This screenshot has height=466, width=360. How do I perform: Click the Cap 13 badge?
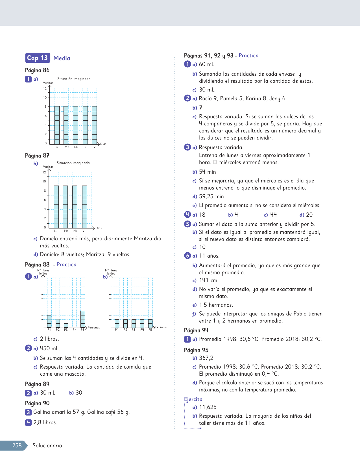click(38, 58)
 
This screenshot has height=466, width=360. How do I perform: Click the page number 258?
click(17, 445)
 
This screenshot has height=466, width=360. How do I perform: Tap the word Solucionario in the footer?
click(47, 445)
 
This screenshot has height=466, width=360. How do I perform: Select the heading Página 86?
click(37, 70)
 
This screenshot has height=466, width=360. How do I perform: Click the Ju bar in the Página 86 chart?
click(85, 125)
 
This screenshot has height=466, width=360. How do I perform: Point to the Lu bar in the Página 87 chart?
click(56, 206)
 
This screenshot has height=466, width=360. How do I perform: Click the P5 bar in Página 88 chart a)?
click(82, 319)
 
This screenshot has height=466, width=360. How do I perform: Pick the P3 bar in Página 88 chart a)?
click(66, 325)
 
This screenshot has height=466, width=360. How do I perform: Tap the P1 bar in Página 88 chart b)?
click(117, 323)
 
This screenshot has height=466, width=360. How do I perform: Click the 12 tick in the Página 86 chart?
click(45, 88)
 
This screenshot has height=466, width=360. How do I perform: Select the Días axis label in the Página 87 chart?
click(99, 228)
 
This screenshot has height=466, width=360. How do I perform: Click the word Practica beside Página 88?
click(66, 265)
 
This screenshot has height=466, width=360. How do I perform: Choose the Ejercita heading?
click(193, 399)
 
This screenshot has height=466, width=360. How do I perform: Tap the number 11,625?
click(208, 407)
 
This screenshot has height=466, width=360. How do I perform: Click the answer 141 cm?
click(208, 280)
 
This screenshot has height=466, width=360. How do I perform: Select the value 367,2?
click(206, 358)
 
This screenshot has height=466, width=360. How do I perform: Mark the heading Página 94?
click(196, 330)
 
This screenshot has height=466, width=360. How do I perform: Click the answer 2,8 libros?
click(45, 423)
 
